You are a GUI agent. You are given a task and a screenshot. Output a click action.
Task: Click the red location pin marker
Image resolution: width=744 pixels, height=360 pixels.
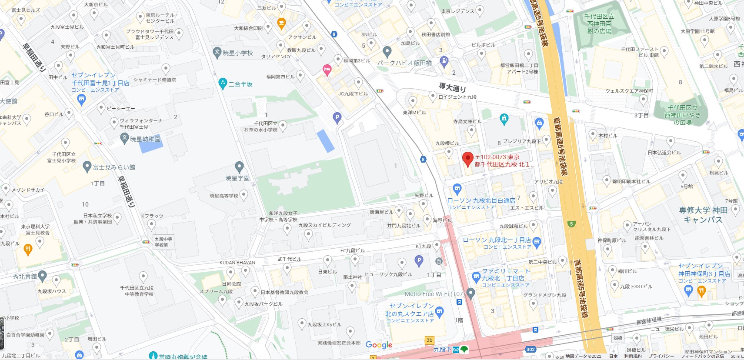point(467,159)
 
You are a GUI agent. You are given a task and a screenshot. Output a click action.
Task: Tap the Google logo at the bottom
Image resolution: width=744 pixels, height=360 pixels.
point(379,345)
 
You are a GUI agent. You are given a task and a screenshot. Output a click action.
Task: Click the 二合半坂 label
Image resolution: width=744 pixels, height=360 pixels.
point(240,84)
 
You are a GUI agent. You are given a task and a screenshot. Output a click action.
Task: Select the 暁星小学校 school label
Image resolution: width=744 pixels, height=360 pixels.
point(237,53)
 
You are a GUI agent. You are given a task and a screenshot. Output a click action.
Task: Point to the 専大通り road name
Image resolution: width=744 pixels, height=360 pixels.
point(452,87)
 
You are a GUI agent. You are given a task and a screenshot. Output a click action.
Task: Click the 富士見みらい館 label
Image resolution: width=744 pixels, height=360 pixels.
point(114,167)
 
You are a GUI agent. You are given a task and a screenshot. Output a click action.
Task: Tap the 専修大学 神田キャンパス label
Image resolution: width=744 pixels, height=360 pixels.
point(703,215)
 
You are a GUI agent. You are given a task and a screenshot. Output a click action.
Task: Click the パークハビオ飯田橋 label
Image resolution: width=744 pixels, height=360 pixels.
point(404,63)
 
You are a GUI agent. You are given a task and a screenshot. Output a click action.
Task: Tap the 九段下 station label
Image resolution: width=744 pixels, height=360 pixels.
point(442,349)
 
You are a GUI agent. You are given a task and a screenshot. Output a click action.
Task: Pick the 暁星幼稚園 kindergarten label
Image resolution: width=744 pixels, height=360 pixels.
point(145,139)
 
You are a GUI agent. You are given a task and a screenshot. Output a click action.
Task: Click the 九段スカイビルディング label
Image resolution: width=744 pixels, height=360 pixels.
point(324,225)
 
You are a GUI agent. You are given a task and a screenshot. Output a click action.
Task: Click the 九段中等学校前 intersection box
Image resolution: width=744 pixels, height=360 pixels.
point(163,242)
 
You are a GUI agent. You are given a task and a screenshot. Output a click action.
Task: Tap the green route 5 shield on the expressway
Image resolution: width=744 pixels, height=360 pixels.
point(571,224)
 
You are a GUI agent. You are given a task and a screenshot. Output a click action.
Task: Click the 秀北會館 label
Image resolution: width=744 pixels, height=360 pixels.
point(25,276)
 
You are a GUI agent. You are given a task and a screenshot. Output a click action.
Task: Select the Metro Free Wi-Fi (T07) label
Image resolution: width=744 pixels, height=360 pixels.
point(434,294)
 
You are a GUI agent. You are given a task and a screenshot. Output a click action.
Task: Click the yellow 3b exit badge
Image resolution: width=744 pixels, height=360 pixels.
point(429,340)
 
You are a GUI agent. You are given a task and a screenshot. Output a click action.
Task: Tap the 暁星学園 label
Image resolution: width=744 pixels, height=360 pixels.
point(237,178)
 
